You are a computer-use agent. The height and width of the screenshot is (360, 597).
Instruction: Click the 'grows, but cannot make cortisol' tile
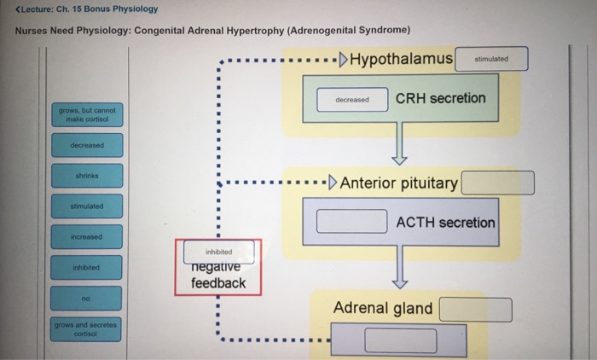tap(87, 114)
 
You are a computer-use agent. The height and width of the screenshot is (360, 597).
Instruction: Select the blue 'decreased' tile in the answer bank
tap(87, 145)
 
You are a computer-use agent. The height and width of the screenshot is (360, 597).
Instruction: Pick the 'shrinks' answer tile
tap(87, 176)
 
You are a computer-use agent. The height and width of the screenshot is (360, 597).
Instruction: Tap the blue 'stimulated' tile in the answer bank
tap(87, 206)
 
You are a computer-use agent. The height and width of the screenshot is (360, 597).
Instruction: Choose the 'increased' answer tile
tap(86, 236)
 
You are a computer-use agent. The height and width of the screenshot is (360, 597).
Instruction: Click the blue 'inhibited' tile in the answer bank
tap(86, 267)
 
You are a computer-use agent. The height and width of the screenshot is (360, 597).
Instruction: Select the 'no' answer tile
tap(86, 299)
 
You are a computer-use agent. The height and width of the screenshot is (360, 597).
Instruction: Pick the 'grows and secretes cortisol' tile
tap(85, 329)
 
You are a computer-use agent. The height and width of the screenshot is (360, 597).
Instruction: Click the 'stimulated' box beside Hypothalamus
tap(491, 59)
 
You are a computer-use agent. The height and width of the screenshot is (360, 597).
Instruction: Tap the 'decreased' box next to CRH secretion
tap(352, 100)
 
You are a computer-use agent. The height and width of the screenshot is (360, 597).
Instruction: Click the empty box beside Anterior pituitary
tap(497, 183)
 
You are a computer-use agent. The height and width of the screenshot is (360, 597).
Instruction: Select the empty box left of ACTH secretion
tap(351, 221)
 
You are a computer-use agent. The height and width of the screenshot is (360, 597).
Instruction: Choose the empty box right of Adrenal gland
tap(476, 310)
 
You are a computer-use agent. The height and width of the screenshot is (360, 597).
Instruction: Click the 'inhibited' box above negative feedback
tap(219, 252)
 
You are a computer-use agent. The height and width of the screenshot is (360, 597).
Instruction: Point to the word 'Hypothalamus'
tap(401, 59)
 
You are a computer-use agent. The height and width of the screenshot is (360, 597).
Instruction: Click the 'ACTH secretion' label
tap(445, 222)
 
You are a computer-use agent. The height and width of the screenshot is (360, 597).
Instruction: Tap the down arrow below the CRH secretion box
tap(399, 143)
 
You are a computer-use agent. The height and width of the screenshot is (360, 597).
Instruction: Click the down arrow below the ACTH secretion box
tap(400, 267)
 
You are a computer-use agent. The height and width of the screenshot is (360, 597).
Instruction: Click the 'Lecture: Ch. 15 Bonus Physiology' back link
tap(86, 9)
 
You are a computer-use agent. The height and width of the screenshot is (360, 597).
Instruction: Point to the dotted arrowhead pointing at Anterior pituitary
tap(333, 182)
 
